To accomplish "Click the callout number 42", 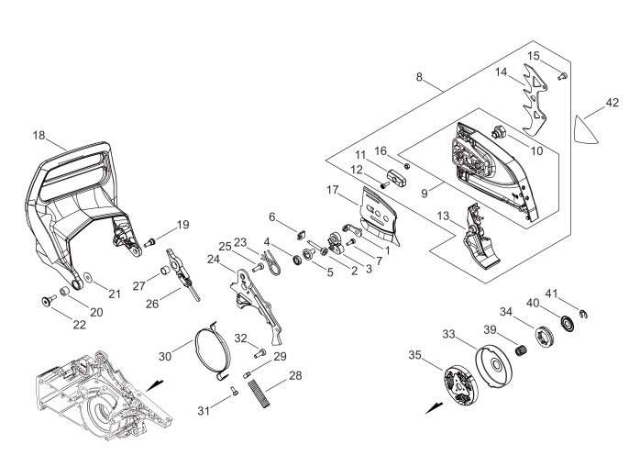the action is coord(612,103).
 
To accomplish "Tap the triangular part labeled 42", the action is coord(584,129).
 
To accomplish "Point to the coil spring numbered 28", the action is coord(259,394).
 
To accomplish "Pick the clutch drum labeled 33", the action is coord(494,365).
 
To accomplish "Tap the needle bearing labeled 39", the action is coord(521,350).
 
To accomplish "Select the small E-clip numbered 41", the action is coord(584,314).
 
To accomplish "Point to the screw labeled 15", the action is coord(562,76).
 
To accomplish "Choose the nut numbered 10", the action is coord(499,131).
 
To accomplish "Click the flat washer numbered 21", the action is coord(87,277).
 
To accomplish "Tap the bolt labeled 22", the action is coord(49,300).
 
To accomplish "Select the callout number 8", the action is coord(419,77).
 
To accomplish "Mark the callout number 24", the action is coord(214,260).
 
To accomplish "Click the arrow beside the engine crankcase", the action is coord(155,385).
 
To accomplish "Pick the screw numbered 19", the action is coord(150,242).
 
